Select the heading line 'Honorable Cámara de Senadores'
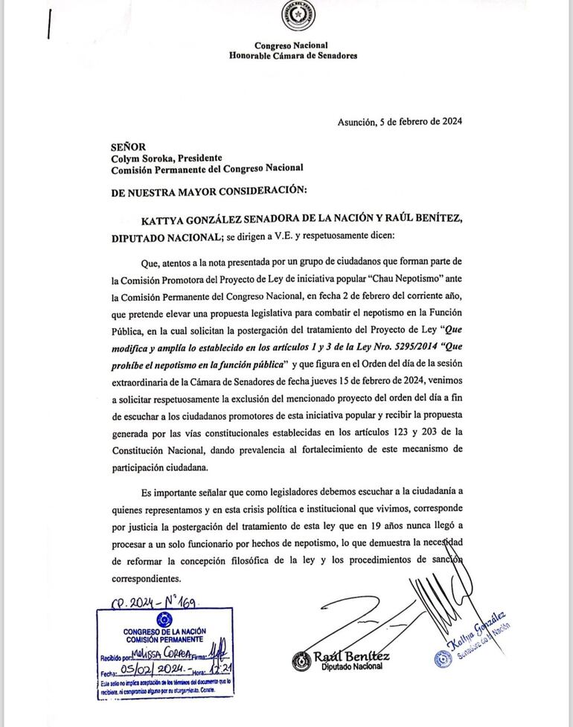coord(293,56)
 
